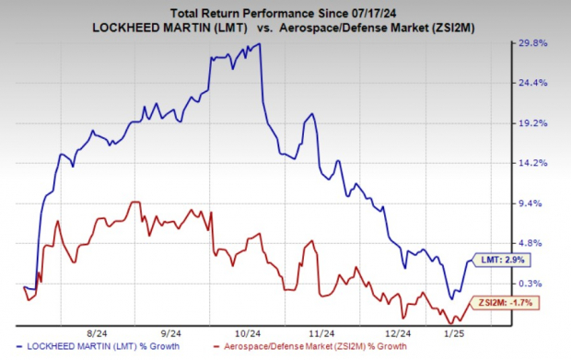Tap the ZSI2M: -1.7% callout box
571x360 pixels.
(x=505, y=302)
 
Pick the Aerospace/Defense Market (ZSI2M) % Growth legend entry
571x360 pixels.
(x=316, y=348)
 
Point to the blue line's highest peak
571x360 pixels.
(x=257, y=43)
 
